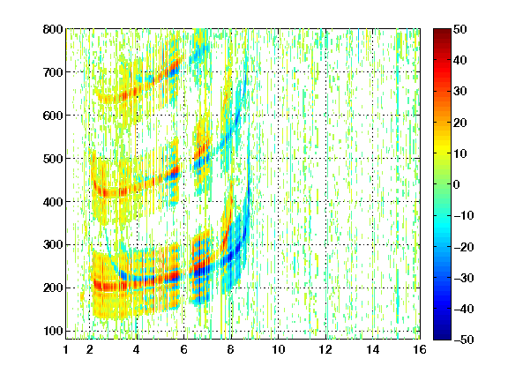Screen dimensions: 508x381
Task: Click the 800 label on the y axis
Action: tap(53, 29)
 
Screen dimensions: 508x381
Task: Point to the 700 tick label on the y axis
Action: tap(53, 72)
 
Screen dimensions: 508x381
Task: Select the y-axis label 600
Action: tap(53, 116)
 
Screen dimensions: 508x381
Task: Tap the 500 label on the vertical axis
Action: tap(53, 159)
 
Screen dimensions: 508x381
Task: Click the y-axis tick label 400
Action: tap(53, 202)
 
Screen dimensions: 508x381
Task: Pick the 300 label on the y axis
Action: tap(53, 245)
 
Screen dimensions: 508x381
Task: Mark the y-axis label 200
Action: tap(53, 288)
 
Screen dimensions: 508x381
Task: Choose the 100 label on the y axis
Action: tap(53, 331)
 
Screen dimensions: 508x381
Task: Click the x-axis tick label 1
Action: tap(66, 349)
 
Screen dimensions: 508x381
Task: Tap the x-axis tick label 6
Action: tap(184, 349)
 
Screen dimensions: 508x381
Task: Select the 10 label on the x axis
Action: tap(279, 349)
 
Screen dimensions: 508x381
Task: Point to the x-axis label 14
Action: tap(373, 349)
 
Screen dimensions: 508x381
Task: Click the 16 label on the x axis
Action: tap(420, 349)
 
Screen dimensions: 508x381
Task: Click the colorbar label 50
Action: tap(459, 29)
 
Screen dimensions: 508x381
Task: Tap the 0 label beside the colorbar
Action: tap(457, 184)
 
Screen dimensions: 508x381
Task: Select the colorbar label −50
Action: tap(464, 340)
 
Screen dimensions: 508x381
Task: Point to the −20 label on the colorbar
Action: tap(464, 247)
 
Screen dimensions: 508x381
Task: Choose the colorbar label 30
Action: tap(459, 92)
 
